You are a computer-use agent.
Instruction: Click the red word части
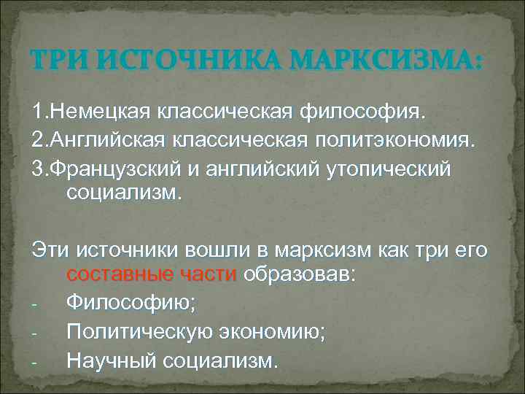click(x=208, y=274)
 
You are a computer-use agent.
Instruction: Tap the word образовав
click(x=299, y=274)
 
